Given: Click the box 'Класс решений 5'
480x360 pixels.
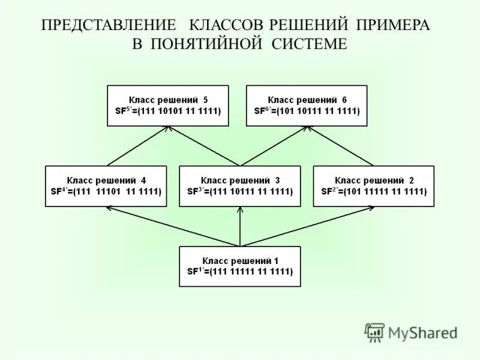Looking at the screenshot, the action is (x=168, y=106).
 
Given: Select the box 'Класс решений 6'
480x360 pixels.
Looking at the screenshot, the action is (x=307, y=106).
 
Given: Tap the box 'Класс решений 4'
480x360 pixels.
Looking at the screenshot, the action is (x=106, y=186).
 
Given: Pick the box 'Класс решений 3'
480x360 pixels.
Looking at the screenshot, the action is (x=240, y=186).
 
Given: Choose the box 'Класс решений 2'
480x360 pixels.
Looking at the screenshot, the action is (x=374, y=186).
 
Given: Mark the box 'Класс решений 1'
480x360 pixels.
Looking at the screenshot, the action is (x=240, y=266).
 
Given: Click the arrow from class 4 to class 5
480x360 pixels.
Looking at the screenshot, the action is (x=138, y=146).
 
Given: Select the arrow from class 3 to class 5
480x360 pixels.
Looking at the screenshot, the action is (x=204, y=146).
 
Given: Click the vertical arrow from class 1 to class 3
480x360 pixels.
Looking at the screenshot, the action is (x=240, y=227).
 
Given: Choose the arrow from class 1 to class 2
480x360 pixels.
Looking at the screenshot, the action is (x=307, y=227).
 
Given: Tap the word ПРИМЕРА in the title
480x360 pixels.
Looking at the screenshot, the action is (x=392, y=25).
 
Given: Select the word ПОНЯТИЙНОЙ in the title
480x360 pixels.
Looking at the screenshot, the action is (x=212, y=44).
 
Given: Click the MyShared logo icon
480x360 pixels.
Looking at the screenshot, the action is (x=375, y=332).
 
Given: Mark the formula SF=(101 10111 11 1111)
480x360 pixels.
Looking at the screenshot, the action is (x=307, y=112).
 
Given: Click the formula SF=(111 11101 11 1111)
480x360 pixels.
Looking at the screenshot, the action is (x=106, y=192).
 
